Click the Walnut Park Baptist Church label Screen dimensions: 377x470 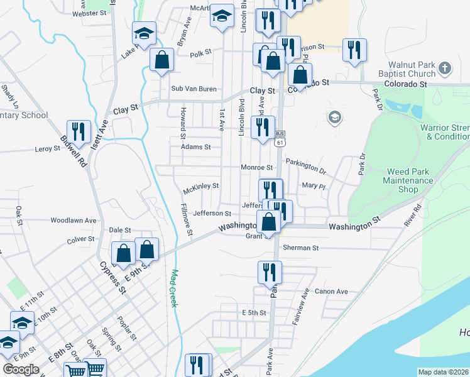412,69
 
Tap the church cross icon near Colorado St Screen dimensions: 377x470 444,67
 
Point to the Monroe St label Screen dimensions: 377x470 256,168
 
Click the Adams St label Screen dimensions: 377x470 192,147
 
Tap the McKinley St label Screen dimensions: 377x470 200,186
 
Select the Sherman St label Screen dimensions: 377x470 301,248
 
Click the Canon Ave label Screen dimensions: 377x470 331,292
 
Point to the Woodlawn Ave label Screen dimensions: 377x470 74,221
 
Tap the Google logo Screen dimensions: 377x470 21,369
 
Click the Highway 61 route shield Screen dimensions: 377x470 280,143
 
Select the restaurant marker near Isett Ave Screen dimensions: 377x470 79,131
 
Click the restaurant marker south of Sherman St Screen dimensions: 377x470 270,271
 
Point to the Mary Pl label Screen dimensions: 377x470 313,186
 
